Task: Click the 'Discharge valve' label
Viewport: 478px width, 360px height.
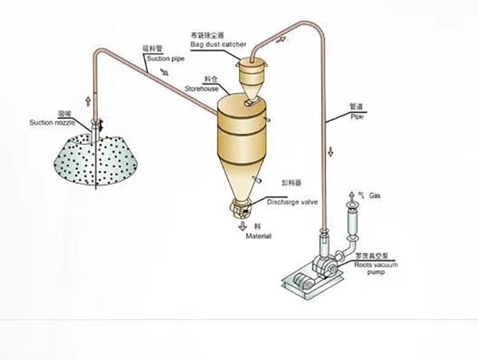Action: tap(292, 202)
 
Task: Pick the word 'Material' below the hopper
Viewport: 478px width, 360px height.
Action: tap(258, 236)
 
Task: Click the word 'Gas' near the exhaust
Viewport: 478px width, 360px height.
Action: tap(375, 195)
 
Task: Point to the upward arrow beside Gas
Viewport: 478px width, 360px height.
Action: tap(350, 195)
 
